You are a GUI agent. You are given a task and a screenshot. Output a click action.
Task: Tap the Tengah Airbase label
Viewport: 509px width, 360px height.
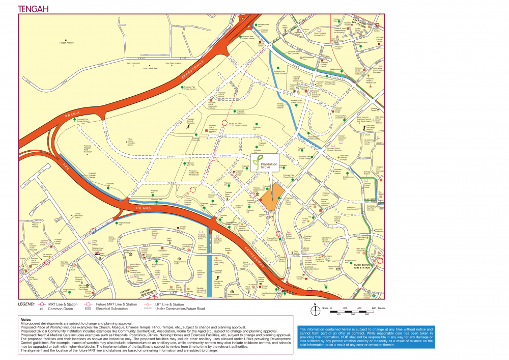pyautogui.click(x=67, y=43)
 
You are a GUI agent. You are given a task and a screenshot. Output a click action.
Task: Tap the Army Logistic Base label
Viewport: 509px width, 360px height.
pyautogui.click(x=148, y=68)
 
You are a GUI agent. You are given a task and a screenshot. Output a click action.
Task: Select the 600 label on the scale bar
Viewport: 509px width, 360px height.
pyautogui.click(x=373, y=308)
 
